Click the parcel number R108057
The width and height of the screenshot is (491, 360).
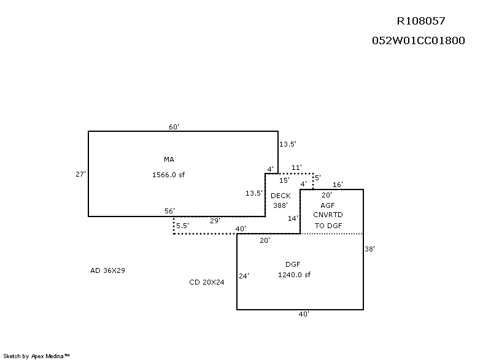click(x=420, y=21)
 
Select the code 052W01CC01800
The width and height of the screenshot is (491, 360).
click(x=418, y=41)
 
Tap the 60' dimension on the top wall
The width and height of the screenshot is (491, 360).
click(x=174, y=127)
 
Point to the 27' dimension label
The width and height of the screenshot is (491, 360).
click(x=80, y=174)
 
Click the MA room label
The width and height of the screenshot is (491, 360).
click(x=169, y=159)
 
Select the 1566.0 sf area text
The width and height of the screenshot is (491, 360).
click(x=168, y=175)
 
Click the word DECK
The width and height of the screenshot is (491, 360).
click(x=280, y=196)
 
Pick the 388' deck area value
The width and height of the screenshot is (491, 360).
click(x=280, y=205)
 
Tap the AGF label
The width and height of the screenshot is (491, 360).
click(x=328, y=205)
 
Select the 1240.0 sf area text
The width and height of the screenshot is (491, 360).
click(x=294, y=275)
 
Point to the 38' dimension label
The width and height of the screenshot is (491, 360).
click(x=369, y=250)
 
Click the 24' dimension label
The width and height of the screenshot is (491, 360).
click(x=244, y=276)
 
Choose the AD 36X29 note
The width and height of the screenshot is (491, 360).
click(x=107, y=270)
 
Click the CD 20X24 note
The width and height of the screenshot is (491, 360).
click(x=207, y=283)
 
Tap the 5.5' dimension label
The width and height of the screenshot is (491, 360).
click(x=182, y=226)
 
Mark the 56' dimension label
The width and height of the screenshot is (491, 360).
click(x=169, y=210)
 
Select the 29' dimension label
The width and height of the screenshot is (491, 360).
click(x=215, y=221)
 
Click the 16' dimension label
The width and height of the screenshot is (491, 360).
click(x=338, y=185)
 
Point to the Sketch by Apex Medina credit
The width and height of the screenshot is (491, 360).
click(x=36, y=356)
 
